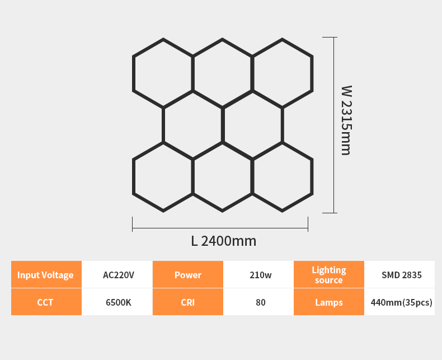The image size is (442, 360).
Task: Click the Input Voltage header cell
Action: pos(46,275)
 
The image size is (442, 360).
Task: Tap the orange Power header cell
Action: pos(187,275)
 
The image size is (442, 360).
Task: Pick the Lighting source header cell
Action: pos(329,275)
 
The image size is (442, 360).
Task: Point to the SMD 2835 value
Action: pos(401,275)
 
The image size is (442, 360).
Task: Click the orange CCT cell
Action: pos(46,302)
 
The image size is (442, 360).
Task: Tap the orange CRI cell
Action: pos(187,302)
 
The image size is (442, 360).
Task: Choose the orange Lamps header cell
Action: pos(329,302)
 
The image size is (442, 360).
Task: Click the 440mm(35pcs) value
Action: pos(401,302)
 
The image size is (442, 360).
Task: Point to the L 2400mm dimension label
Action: pos(223,241)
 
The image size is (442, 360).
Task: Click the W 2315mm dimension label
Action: pos(346,120)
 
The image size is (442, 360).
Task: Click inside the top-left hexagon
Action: pos(163,73)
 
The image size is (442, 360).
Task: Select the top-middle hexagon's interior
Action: pos(223,73)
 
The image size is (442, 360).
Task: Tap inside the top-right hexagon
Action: pos(282,73)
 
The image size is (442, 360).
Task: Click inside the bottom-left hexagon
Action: pos(163,176)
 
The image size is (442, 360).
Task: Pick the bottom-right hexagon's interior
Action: pos(282,176)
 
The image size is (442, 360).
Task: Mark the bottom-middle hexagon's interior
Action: pos(223,176)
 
